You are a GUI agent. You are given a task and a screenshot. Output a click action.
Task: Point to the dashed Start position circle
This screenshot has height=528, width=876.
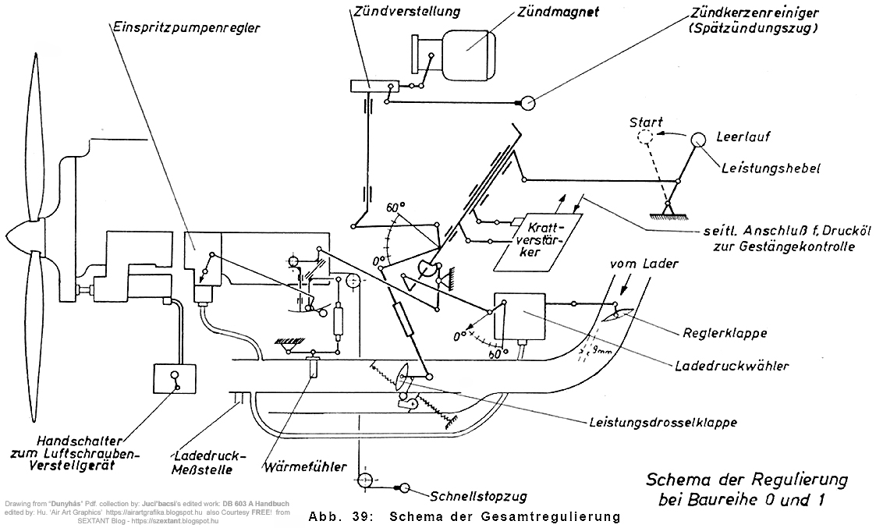click(x=645, y=137)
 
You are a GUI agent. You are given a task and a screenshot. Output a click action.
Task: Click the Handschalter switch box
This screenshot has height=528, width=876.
click(x=175, y=380)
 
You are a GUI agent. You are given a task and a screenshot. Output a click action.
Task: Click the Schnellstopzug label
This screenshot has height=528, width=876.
click(x=478, y=495)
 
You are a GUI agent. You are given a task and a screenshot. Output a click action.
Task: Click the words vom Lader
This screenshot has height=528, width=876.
click(x=644, y=264)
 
